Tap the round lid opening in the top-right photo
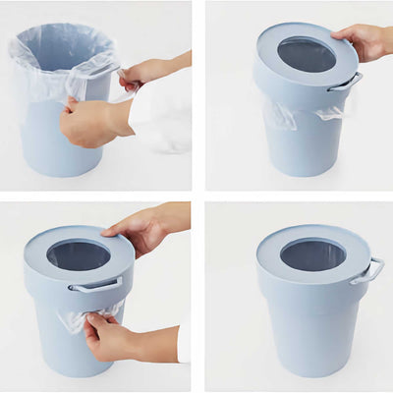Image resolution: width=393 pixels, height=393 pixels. pyautogui.click(x=306, y=55)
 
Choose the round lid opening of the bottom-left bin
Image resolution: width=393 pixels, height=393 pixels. pyautogui.click(x=78, y=256)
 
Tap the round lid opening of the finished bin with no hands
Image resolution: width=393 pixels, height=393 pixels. pyautogui.click(x=312, y=254)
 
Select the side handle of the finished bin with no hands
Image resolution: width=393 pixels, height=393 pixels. pyautogui.click(x=367, y=270)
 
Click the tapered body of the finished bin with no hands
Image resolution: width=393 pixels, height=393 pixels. pyautogui.click(x=309, y=334)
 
